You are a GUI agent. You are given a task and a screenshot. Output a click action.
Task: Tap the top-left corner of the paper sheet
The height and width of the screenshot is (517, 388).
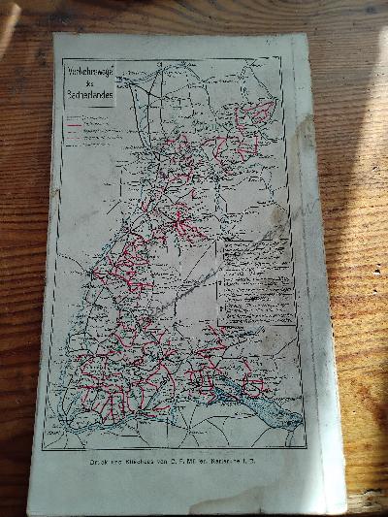[x=54, y=34]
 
